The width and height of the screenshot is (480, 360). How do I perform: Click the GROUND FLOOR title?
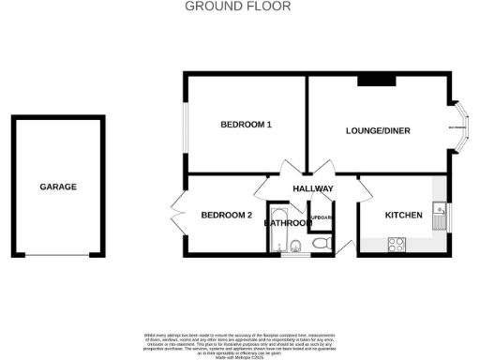(x=238, y=6)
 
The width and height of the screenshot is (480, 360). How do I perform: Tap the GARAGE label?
(x=58, y=187)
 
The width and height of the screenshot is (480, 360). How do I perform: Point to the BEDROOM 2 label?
(x=227, y=216)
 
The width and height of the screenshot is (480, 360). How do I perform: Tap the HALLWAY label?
(x=313, y=189)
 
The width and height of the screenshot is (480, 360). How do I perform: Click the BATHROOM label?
(x=287, y=223)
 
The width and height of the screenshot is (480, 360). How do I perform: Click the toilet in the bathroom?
(x=322, y=245)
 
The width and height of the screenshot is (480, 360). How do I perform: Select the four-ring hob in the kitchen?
(x=397, y=246)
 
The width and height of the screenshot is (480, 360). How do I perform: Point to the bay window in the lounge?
(x=460, y=127)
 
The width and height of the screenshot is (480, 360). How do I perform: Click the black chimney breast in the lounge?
(x=376, y=80)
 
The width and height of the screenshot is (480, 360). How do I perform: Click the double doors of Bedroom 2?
(x=177, y=214)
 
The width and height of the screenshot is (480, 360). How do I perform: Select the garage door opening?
(x=58, y=255)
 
